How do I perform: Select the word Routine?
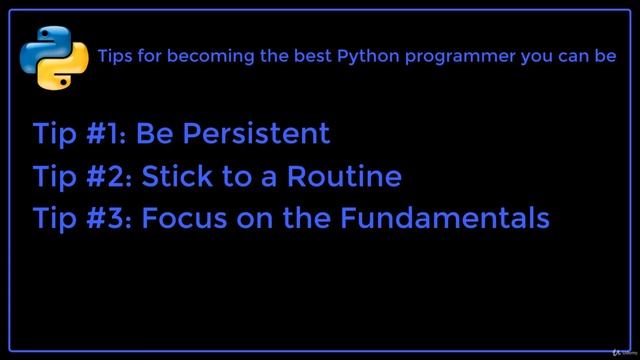pos(344,177)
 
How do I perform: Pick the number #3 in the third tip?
pos(109,218)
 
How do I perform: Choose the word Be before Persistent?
pos(152,133)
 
